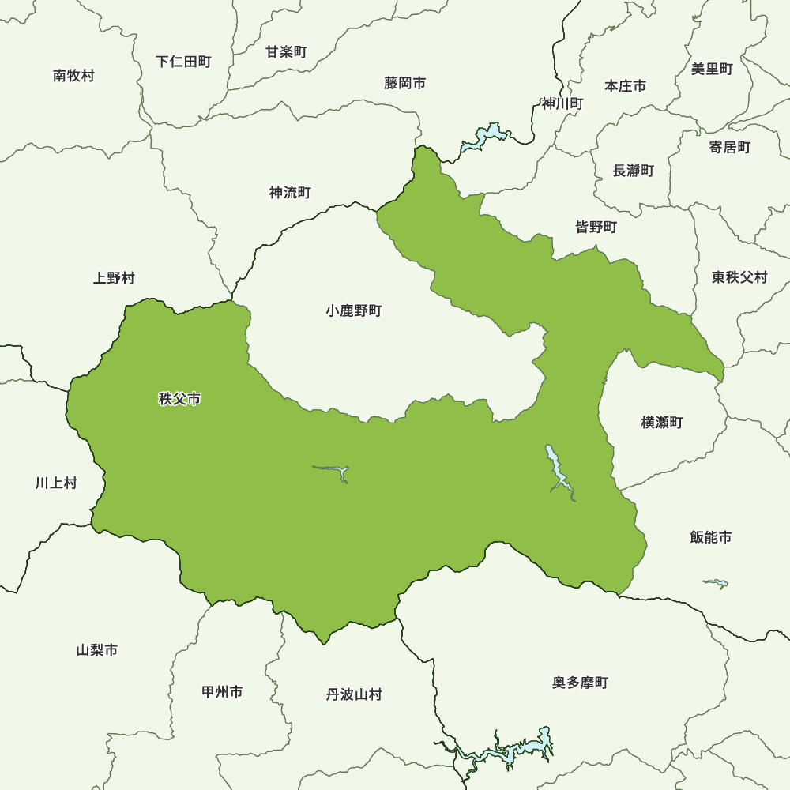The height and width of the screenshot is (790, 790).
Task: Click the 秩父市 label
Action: tap(179, 399)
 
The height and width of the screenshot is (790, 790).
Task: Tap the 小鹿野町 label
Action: tap(353, 311)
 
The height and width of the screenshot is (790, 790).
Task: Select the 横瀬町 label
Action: tap(661, 423)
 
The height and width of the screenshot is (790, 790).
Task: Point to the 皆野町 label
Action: tap(596, 228)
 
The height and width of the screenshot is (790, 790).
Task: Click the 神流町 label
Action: tap(290, 193)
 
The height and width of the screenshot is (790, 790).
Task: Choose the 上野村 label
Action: tap(114, 278)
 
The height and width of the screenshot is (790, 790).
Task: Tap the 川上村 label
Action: tap(56, 483)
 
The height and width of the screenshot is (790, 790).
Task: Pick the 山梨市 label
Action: tap(97, 650)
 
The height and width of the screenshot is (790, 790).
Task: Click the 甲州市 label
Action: tap(222, 692)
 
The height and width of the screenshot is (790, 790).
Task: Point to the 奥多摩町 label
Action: tap(580, 683)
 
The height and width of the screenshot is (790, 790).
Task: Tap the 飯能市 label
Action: tap(710, 537)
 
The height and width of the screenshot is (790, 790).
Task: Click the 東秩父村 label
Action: tap(739, 277)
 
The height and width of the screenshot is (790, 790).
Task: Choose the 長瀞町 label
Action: tap(633, 171)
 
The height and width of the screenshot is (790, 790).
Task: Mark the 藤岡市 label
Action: tap(405, 83)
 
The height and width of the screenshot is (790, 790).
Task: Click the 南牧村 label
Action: tap(73, 76)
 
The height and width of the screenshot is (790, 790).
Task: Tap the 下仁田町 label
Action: tap(183, 62)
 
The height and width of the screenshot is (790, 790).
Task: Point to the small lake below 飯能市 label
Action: tap(716, 584)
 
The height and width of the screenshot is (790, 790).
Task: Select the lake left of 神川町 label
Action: tap(484, 137)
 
